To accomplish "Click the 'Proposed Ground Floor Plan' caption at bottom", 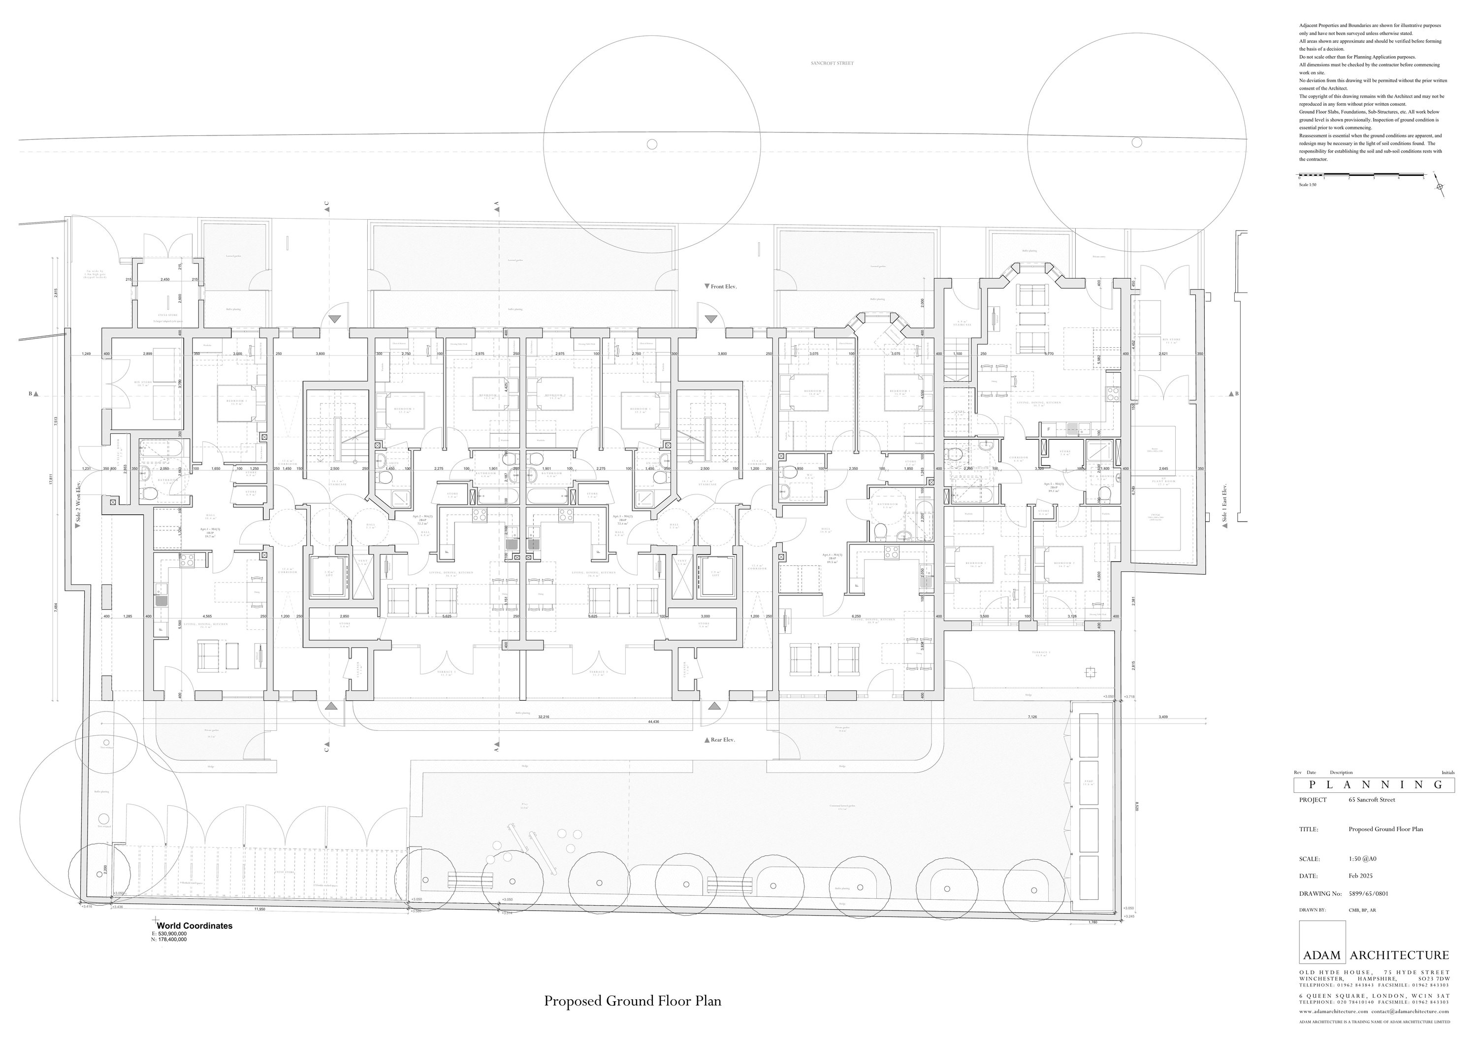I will coord(632,1001).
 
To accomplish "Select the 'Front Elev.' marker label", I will coord(724,286).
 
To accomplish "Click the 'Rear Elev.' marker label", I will coord(723,740).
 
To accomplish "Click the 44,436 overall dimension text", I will coord(655,722).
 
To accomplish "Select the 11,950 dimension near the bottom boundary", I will coord(259,909).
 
